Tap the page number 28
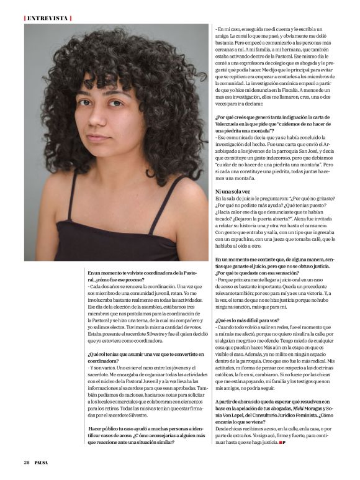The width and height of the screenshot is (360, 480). tap(27, 462)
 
